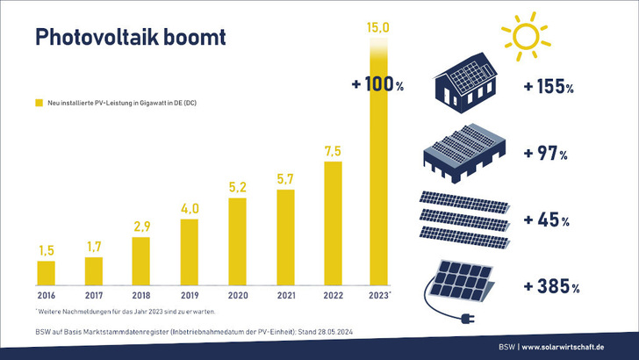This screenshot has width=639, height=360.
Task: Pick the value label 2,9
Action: coord(140,227)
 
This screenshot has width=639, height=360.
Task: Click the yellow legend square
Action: coord(39,104)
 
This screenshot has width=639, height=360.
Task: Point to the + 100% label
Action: coord(377,85)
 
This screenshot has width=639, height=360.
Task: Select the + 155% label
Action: coord(548,88)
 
